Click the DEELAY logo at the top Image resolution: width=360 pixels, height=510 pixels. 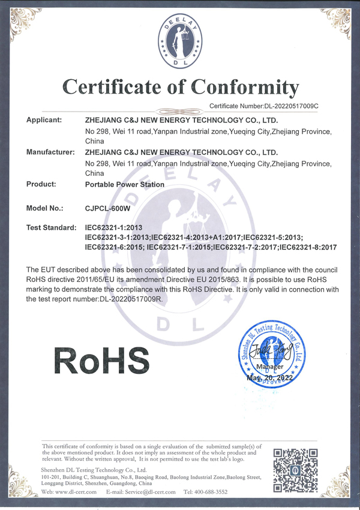click(x=180, y=41)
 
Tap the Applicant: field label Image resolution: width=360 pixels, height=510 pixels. click(x=45, y=120)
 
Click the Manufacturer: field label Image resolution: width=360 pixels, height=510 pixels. click(x=50, y=152)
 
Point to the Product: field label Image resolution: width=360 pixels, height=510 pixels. click(x=42, y=184)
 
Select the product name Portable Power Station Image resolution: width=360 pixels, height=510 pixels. click(x=125, y=185)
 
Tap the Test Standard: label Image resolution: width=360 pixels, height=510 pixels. click(x=52, y=229)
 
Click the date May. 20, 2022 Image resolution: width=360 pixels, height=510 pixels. click(x=269, y=378)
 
